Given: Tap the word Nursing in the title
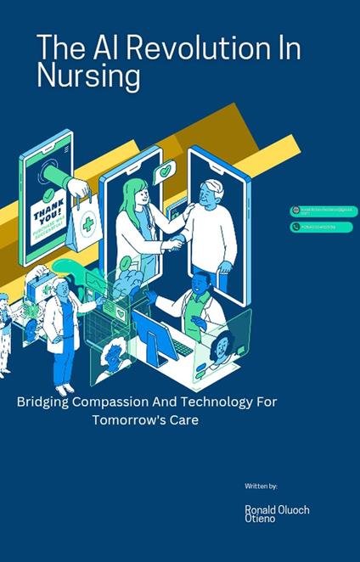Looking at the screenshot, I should click(x=88, y=76).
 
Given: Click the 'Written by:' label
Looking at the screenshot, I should click(x=261, y=486).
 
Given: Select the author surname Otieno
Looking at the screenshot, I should click(x=260, y=518).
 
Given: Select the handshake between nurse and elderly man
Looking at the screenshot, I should click(x=173, y=244).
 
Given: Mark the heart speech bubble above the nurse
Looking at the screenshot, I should click(x=165, y=171).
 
